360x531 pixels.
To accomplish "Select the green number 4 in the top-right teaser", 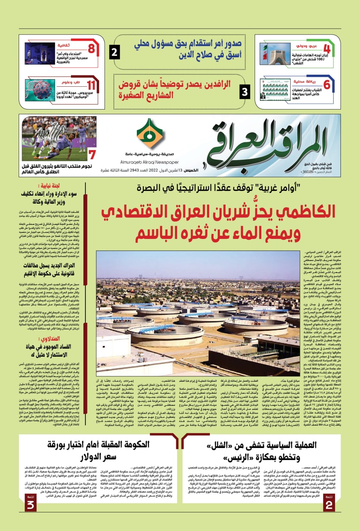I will click(327, 48).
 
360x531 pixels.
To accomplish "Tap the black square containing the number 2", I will click(115, 53).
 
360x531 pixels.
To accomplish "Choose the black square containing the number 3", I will click(246, 91).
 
